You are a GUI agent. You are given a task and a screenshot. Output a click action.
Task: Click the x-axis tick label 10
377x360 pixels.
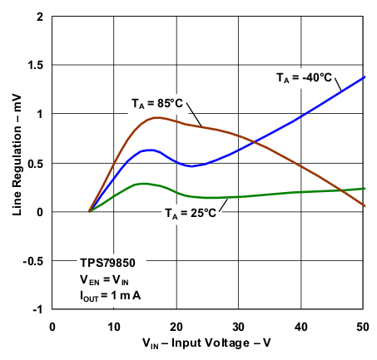point(114,325)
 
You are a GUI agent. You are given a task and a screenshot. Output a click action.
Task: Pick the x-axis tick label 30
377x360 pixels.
point(239,325)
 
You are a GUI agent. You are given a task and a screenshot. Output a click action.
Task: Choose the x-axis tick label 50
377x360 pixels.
point(364,325)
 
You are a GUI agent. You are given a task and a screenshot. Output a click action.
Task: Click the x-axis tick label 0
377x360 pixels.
point(52,325)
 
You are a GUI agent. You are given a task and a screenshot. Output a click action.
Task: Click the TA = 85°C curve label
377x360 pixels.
point(156,103)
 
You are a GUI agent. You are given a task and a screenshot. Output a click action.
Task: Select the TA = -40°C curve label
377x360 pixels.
point(305,77)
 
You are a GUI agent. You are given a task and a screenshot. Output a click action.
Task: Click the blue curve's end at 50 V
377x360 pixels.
point(365,76)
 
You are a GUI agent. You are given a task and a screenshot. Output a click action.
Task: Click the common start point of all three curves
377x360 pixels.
point(89,211)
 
